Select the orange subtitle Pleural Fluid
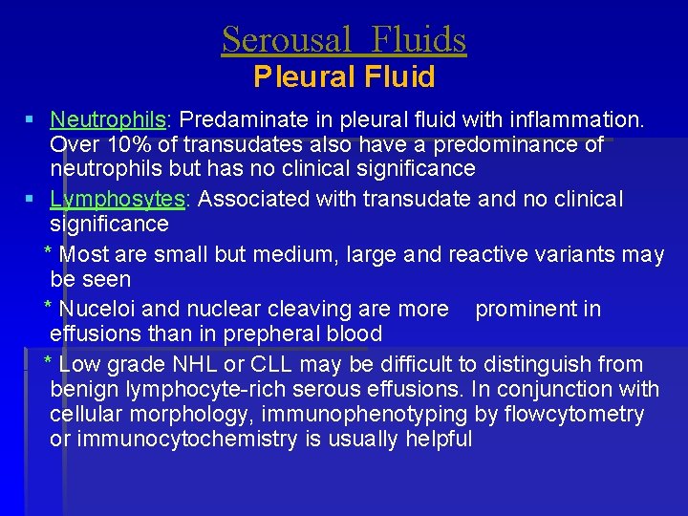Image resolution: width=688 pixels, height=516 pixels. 344,76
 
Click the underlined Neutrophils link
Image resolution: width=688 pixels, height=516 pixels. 108,120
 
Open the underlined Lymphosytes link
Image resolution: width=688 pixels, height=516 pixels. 117,199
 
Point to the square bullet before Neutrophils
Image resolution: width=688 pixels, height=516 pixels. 31,120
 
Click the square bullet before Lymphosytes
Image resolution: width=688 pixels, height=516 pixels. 31,199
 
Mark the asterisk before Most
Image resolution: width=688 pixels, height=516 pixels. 49,254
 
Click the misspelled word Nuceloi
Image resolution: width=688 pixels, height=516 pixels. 97,309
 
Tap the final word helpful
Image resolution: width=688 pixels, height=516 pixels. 438,439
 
